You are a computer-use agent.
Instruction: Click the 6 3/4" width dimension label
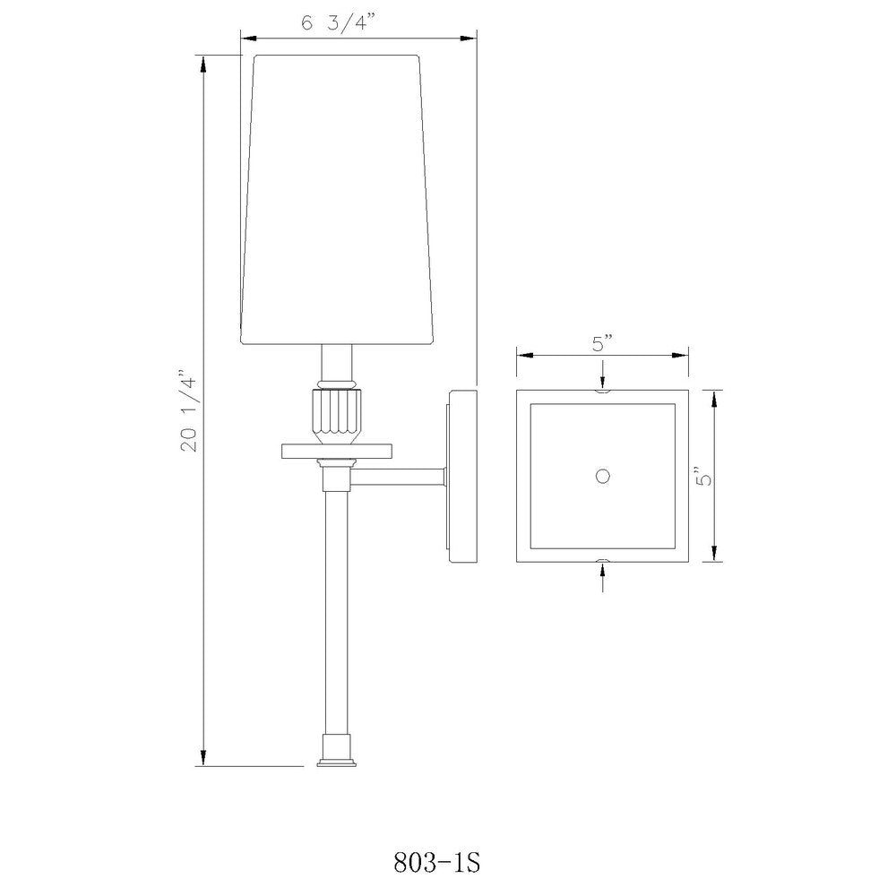(339, 23)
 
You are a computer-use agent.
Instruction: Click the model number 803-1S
(436, 862)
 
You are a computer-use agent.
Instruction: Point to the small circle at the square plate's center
(602, 476)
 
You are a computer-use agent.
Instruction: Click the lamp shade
(337, 200)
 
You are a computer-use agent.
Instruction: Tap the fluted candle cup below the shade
(337, 416)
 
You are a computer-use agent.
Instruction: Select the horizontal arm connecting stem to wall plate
(398, 478)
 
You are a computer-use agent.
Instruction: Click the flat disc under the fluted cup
(337, 451)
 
